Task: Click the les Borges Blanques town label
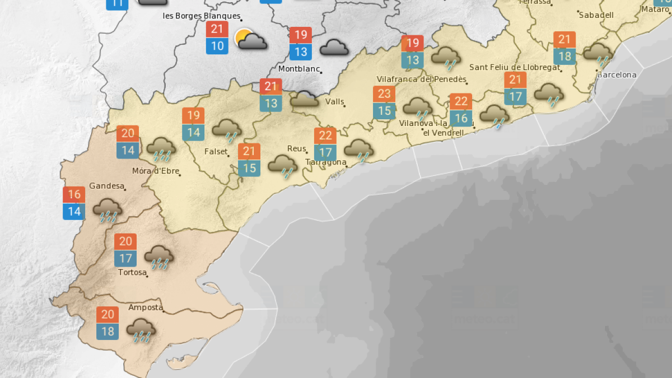(x=202, y=16)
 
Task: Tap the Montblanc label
(x=299, y=69)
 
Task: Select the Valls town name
(x=334, y=102)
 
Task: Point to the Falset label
(x=216, y=152)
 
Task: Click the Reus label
(x=296, y=148)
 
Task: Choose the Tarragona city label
(x=326, y=162)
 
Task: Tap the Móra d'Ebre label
(x=155, y=171)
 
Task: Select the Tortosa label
(x=132, y=273)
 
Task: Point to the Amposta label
(x=146, y=307)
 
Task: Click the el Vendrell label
(x=443, y=133)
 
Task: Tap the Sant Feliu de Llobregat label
(x=515, y=67)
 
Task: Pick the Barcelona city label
(x=617, y=74)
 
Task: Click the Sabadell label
(x=596, y=15)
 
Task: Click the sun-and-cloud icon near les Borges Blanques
(x=250, y=40)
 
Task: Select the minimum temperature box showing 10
(x=217, y=46)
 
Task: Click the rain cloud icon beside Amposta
(x=141, y=330)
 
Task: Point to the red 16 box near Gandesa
(x=74, y=195)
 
